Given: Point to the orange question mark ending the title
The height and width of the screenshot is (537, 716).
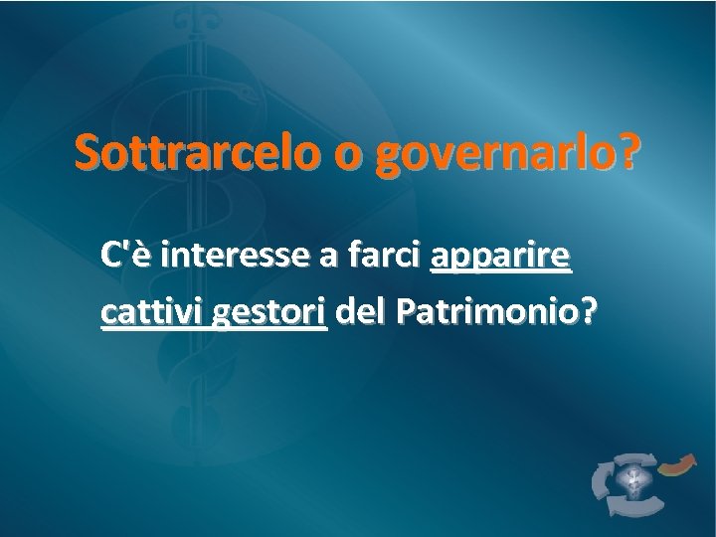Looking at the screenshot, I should pos(629,153).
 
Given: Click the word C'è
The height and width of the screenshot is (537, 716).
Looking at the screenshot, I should pos(124,259).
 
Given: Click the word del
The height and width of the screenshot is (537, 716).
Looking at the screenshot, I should pos(361,313).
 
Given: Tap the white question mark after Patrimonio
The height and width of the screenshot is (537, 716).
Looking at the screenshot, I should pos(590,313).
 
